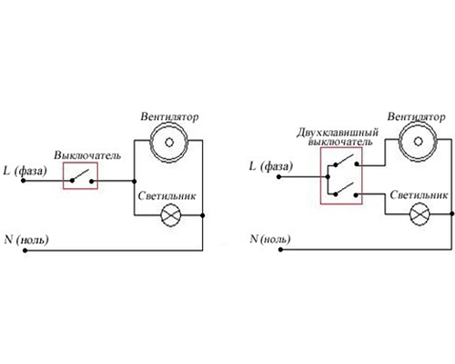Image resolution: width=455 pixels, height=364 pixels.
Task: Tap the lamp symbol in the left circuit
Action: (171, 215)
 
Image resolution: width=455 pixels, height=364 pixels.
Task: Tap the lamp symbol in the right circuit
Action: (420, 214)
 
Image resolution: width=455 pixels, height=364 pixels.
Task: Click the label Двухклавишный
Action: (338, 133)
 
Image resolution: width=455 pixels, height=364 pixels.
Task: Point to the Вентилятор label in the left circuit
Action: (169, 116)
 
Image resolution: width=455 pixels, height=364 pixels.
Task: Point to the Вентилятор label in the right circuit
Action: (416, 116)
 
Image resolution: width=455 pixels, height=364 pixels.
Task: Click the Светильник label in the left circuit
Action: (167, 196)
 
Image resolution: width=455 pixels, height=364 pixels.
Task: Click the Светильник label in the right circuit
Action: (419, 195)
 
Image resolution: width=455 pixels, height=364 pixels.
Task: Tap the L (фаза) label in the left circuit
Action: (25, 171)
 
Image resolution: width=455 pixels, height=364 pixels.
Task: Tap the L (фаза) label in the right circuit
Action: (271, 167)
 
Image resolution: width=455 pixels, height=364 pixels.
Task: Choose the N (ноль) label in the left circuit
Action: (26, 239)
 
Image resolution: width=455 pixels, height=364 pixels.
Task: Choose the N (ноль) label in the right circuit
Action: (270, 239)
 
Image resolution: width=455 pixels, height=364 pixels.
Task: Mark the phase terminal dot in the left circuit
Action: (23, 181)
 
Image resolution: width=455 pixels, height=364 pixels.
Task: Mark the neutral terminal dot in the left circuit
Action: (25, 250)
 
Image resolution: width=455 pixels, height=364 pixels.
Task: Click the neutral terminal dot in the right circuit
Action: (280, 249)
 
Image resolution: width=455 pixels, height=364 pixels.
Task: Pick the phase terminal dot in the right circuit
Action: (279, 177)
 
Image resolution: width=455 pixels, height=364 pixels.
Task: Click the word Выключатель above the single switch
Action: (87, 156)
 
